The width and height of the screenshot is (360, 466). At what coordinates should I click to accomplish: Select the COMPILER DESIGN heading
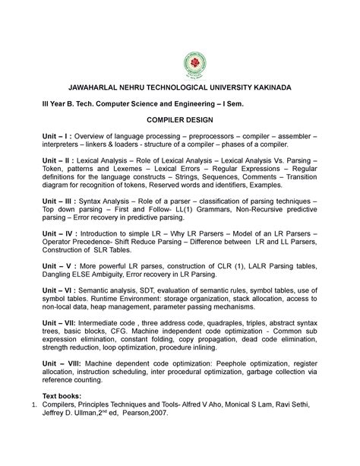(179, 120)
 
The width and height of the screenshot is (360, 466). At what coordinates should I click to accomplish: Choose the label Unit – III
(61, 198)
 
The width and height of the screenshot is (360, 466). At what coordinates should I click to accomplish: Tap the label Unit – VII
(62, 324)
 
